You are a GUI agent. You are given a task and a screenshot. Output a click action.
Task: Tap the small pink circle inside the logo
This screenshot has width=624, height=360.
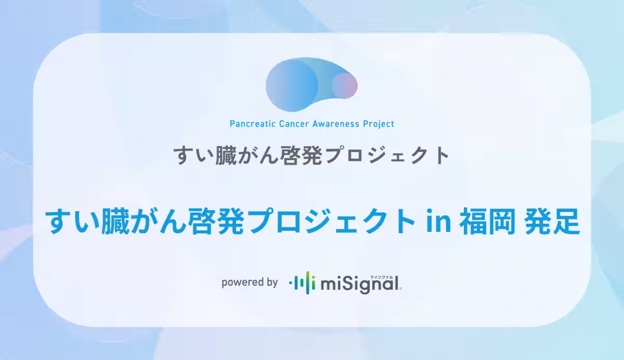[344, 85]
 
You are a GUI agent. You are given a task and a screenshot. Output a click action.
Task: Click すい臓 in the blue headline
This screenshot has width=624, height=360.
[88, 221]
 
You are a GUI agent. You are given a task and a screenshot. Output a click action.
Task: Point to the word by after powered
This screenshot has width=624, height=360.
[271, 283]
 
